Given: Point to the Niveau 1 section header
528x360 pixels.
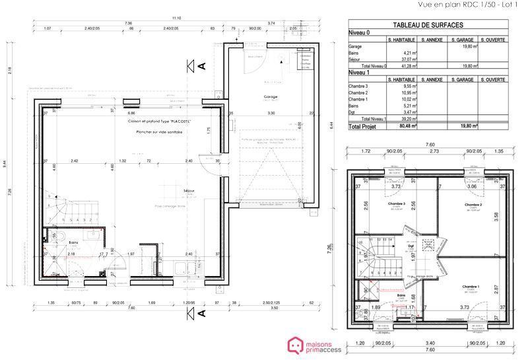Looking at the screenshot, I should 360,72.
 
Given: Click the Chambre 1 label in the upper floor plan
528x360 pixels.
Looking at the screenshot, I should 471,286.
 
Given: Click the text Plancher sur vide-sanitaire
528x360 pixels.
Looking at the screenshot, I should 156,132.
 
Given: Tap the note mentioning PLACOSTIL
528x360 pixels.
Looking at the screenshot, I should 156,122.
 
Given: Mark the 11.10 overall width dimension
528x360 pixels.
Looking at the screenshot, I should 176,17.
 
